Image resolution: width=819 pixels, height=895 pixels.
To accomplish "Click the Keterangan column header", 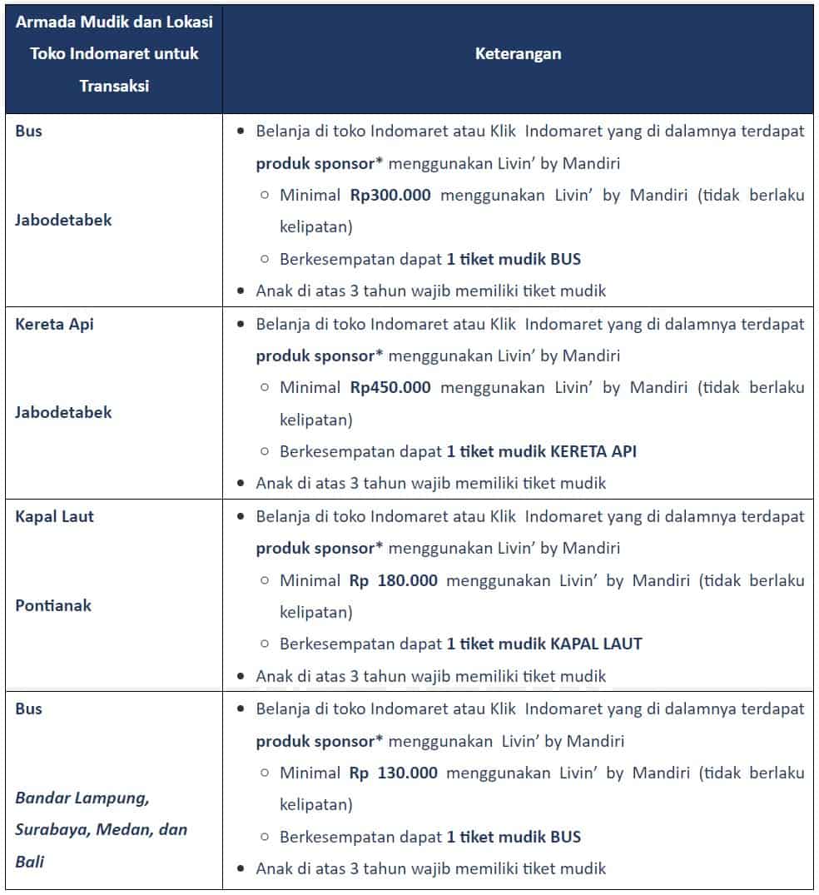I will click(x=518, y=54).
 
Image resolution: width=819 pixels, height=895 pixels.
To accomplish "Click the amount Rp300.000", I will click(x=390, y=196).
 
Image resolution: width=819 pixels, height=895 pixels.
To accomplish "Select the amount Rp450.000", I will click(x=390, y=388).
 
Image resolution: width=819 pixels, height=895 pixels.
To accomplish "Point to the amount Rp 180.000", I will click(x=394, y=580).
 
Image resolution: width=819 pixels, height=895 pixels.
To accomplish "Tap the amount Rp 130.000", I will click(x=394, y=773).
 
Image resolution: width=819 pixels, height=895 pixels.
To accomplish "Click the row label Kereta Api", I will click(x=54, y=324).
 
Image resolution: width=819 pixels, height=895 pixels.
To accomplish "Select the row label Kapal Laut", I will click(x=54, y=516).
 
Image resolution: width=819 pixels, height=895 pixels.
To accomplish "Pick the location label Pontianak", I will click(x=53, y=605).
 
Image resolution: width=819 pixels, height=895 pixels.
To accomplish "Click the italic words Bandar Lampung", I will click(x=82, y=798).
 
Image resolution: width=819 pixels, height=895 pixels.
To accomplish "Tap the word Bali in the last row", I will click(x=29, y=862).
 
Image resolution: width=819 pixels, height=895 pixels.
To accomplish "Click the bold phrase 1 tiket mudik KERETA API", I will click(x=542, y=452).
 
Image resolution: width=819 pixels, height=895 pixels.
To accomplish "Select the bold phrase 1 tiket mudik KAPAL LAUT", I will click(x=544, y=644).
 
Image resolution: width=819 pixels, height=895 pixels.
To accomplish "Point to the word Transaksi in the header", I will click(x=114, y=86).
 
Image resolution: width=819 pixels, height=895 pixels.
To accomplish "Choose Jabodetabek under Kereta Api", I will click(x=63, y=412).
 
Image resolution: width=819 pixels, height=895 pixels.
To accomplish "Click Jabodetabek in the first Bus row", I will click(x=63, y=221).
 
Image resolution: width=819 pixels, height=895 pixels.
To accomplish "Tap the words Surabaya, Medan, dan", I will click(x=102, y=830).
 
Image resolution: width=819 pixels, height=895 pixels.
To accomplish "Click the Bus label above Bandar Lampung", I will click(x=28, y=709).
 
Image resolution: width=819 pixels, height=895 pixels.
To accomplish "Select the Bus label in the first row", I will click(x=28, y=131).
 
